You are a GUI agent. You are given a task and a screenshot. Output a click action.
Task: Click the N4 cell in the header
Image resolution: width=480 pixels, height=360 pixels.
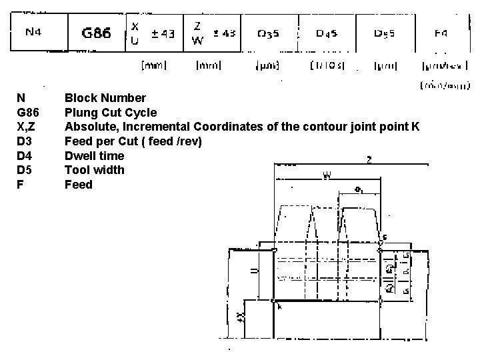click(x=33, y=33)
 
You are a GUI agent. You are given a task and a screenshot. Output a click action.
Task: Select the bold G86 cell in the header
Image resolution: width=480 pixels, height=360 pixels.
click(x=96, y=33)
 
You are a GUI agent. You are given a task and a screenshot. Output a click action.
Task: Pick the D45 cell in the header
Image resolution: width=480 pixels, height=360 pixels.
click(x=327, y=33)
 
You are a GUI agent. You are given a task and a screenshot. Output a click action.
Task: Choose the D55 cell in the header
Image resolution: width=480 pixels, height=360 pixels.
click(x=384, y=33)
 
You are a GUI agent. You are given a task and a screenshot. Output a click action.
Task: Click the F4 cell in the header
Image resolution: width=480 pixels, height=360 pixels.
click(x=441, y=33)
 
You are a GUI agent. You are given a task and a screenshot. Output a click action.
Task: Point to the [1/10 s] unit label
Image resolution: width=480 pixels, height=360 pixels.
click(x=327, y=65)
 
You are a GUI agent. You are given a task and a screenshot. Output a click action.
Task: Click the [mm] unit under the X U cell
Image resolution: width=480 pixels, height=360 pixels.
click(x=153, y=65)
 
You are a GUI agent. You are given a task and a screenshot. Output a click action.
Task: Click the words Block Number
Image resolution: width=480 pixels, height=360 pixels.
click(x=105, y=99)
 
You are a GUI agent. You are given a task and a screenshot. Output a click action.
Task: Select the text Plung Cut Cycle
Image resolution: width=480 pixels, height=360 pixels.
click(x=111, y=113)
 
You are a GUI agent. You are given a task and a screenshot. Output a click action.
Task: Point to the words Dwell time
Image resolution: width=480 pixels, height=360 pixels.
click(x=94, y=155)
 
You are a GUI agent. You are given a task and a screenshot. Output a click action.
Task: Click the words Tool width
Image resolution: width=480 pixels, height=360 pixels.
click(x=94, y=170)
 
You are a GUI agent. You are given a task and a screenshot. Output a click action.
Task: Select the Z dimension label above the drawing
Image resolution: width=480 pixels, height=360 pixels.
click(x=369, y=159)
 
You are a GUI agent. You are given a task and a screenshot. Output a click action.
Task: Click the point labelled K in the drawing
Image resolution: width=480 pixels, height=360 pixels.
click(x=274, y=301)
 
